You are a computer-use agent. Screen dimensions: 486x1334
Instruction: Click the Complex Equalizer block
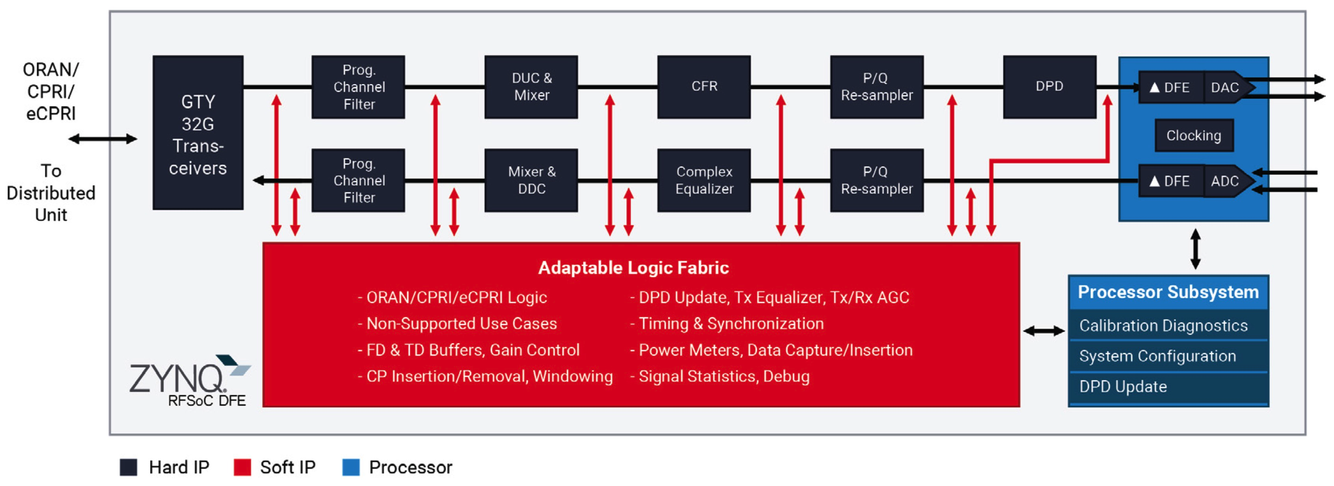pyautogui.click(x=704, y=180)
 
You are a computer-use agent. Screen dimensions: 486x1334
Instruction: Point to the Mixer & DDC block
pyautogui.click(x=531, y=180)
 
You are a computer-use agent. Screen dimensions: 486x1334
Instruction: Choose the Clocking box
pyautogui.click(x=1193, y=136)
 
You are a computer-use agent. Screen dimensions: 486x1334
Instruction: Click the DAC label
pyautogui.click(x=1224, y=88)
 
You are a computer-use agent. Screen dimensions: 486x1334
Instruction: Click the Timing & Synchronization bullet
pyautogui.click(x=730, y=324)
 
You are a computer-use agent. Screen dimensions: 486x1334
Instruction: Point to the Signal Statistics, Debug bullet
pyautogui.click(x=723, y=377)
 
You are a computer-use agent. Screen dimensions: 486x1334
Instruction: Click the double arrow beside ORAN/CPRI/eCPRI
pyautogui.click(x=102, y=139)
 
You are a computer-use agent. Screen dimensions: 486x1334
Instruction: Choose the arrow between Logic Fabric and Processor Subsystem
pyautogui.click(x=1043, y=331)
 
